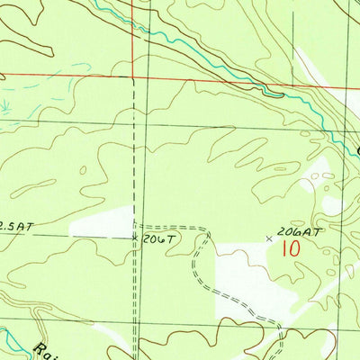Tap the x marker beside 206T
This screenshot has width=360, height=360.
pyautogui.click(x=135, y=238)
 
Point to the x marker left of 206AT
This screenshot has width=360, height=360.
pyautogui.click(x=270, y=238)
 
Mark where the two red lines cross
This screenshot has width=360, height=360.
pyautogui.click(x=131, y=76)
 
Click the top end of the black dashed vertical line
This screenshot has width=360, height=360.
pyautogui.click(x=134, y=79)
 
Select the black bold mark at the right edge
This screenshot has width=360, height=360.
pyautogui.click(x=356, y=148)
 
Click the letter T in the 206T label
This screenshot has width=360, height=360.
pyautogui.click(x=167, y=238)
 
